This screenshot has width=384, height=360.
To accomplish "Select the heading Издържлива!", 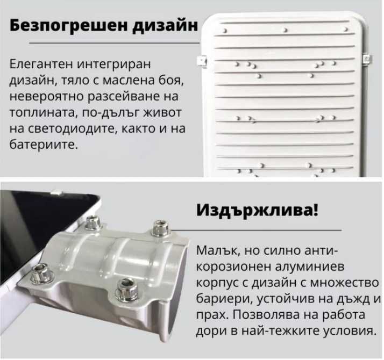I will tap(257, 210).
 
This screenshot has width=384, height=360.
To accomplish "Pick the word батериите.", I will tap(44, 145).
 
